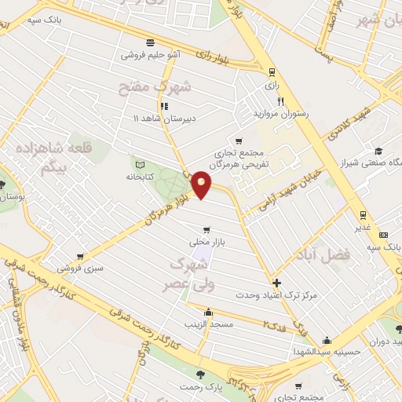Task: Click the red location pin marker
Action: coord(202,184)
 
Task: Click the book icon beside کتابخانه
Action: coord(141,166)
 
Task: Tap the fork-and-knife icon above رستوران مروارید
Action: coord(280,101)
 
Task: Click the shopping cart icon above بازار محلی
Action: coord(206,230)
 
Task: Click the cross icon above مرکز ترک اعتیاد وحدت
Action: coord(276,283)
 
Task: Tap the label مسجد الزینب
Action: coord(206,323)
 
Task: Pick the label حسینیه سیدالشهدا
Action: coord(326,352)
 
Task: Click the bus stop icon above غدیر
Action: coord(363,214)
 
